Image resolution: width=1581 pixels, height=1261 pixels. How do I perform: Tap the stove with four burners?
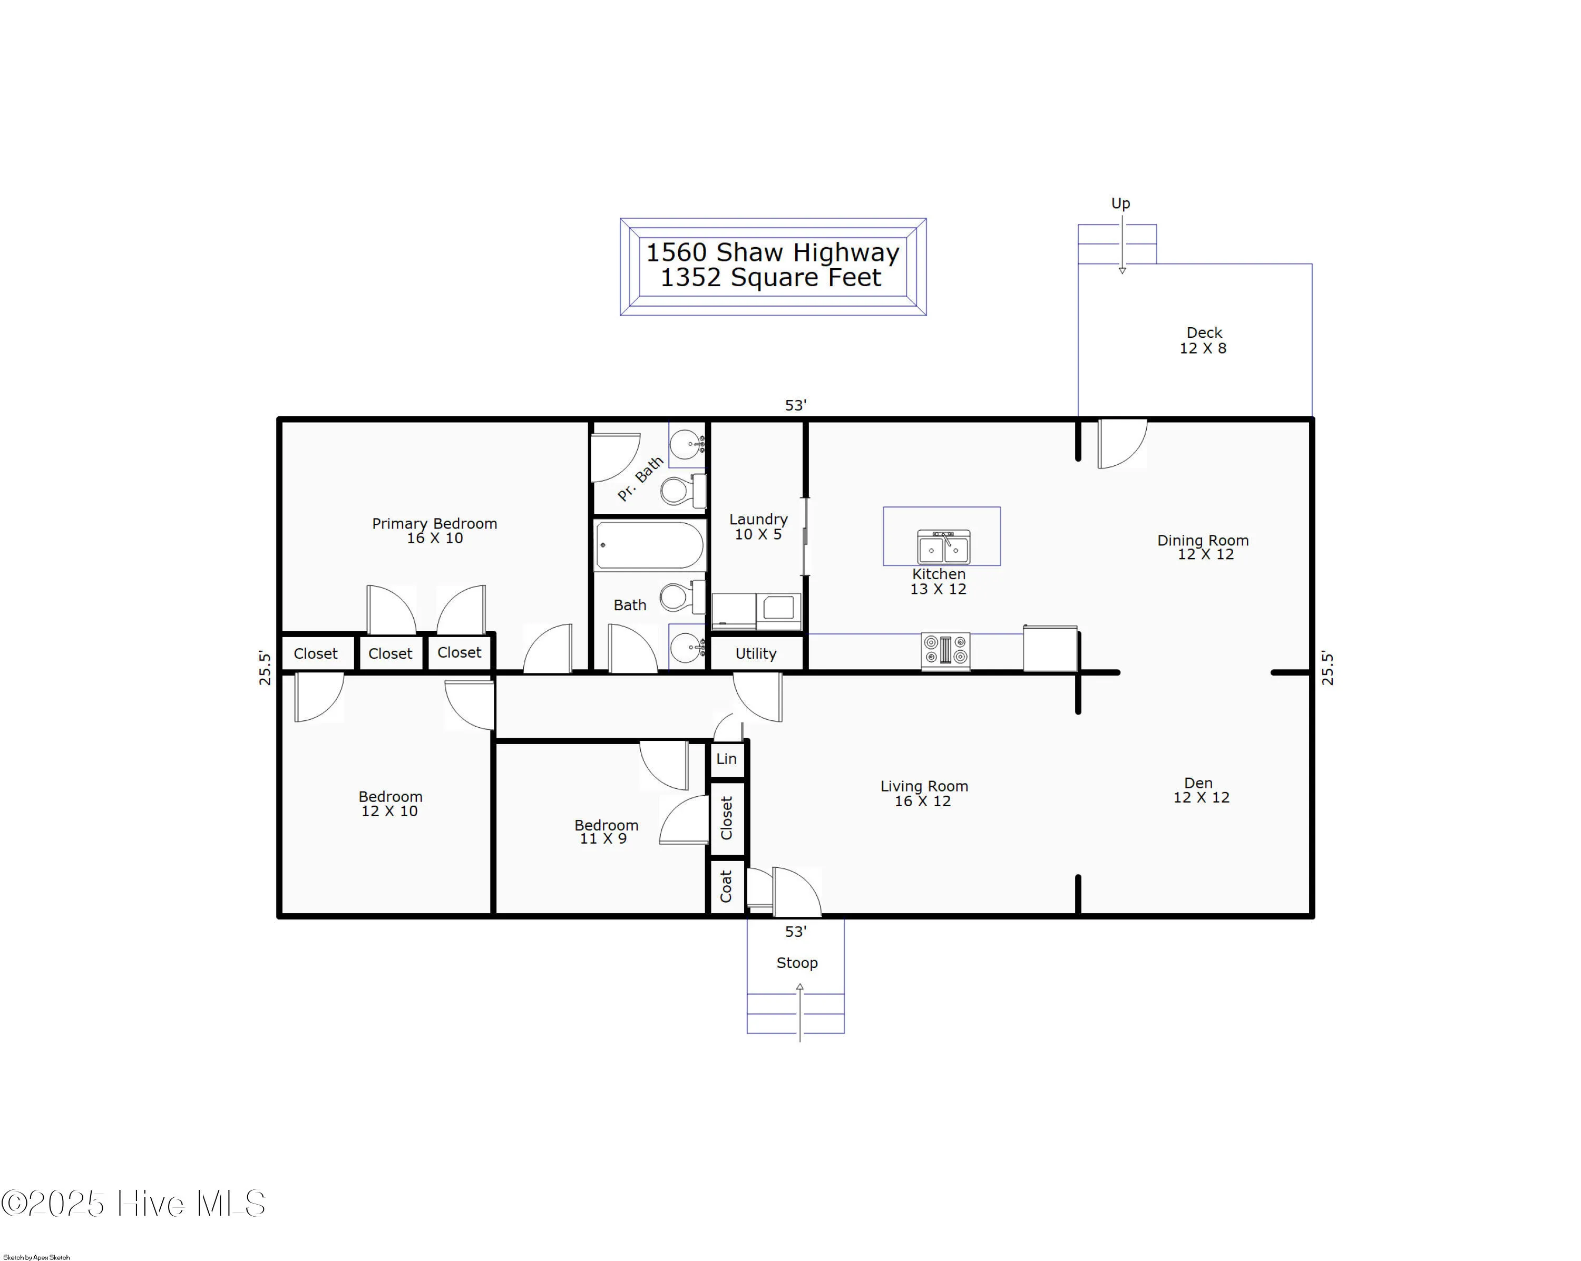coord(945,650)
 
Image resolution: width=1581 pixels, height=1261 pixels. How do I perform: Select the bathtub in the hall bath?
coord(650,545)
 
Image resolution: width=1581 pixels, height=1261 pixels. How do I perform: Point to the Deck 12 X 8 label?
coord(1203,340)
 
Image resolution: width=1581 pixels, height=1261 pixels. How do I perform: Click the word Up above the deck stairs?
coord(1120,203)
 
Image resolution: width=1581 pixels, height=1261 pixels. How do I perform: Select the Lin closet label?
coord(726,759)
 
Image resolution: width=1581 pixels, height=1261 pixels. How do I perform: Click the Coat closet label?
coord(726,886)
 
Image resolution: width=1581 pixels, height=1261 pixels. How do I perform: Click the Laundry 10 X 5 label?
coord(758,526)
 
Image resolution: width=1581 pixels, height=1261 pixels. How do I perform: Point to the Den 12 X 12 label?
coord(1201,790)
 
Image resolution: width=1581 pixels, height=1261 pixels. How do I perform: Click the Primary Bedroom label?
coord(434,530)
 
